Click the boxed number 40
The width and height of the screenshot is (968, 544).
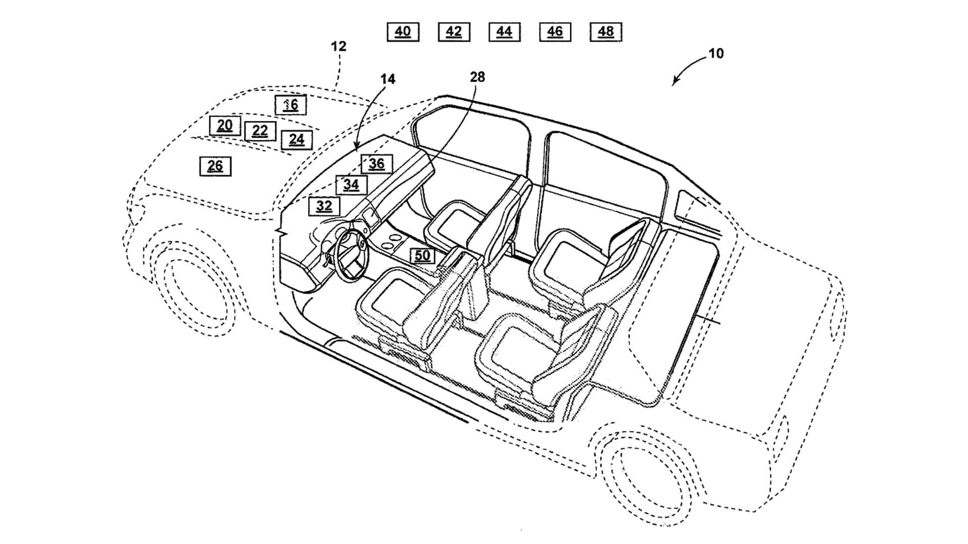click(x=403, y=32)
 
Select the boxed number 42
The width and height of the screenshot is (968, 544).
click(x=454, y=32)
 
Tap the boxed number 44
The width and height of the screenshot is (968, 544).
click(x=504, y=32)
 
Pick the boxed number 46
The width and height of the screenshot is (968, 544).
click(x=555, y=32)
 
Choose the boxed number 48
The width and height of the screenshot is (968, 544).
click(x=606, y=32)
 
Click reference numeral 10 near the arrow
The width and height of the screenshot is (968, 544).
click(x=716, y=53)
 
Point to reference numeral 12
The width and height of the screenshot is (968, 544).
click(x=339, y=46)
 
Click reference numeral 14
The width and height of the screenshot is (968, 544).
click(x=388, y=79)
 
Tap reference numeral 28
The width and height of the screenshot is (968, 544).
click(x=477, y=77)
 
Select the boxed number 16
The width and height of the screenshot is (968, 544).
click(x=290, y=105)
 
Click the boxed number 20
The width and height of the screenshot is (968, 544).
click(x=225, y=125)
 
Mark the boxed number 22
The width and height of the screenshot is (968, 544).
click(x=260, y=131)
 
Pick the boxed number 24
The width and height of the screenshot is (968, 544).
click(x=296, y=140)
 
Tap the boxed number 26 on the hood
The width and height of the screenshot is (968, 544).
click(x=215, y=166)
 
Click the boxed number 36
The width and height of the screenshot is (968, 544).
click(x=377, y=164)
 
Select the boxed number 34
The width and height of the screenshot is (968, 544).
click(x=351, y=185)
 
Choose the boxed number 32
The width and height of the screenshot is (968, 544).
click(x=324, y=206)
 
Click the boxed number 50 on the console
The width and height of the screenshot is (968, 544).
click(x=422, y=256)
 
